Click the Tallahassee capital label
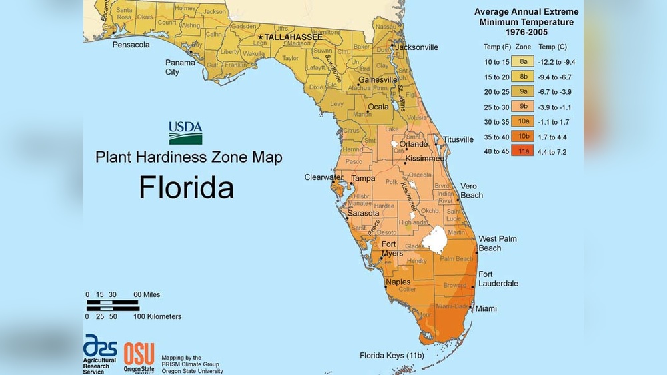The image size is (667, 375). [293, 37]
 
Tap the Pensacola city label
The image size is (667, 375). [131, 45]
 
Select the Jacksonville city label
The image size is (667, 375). [417, 47]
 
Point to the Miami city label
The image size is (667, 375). [486, 308]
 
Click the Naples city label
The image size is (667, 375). [400, 282]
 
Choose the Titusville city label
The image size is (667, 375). [458, 139]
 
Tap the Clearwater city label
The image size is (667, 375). [323, 177]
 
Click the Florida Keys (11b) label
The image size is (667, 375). [392, 355]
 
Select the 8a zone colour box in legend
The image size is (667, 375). [524, 62]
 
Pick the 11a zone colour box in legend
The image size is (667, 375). [524, 151]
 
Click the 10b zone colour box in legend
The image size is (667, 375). [524, 137]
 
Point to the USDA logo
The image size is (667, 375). [185, 133]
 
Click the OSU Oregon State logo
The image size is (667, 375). [139, 356]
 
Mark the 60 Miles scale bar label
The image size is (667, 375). [147, 294]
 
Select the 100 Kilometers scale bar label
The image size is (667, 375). [157, 316]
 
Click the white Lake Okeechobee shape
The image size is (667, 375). [437, 240]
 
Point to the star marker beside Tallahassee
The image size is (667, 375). [260, 37]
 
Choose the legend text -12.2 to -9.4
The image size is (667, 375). [557, 62]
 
